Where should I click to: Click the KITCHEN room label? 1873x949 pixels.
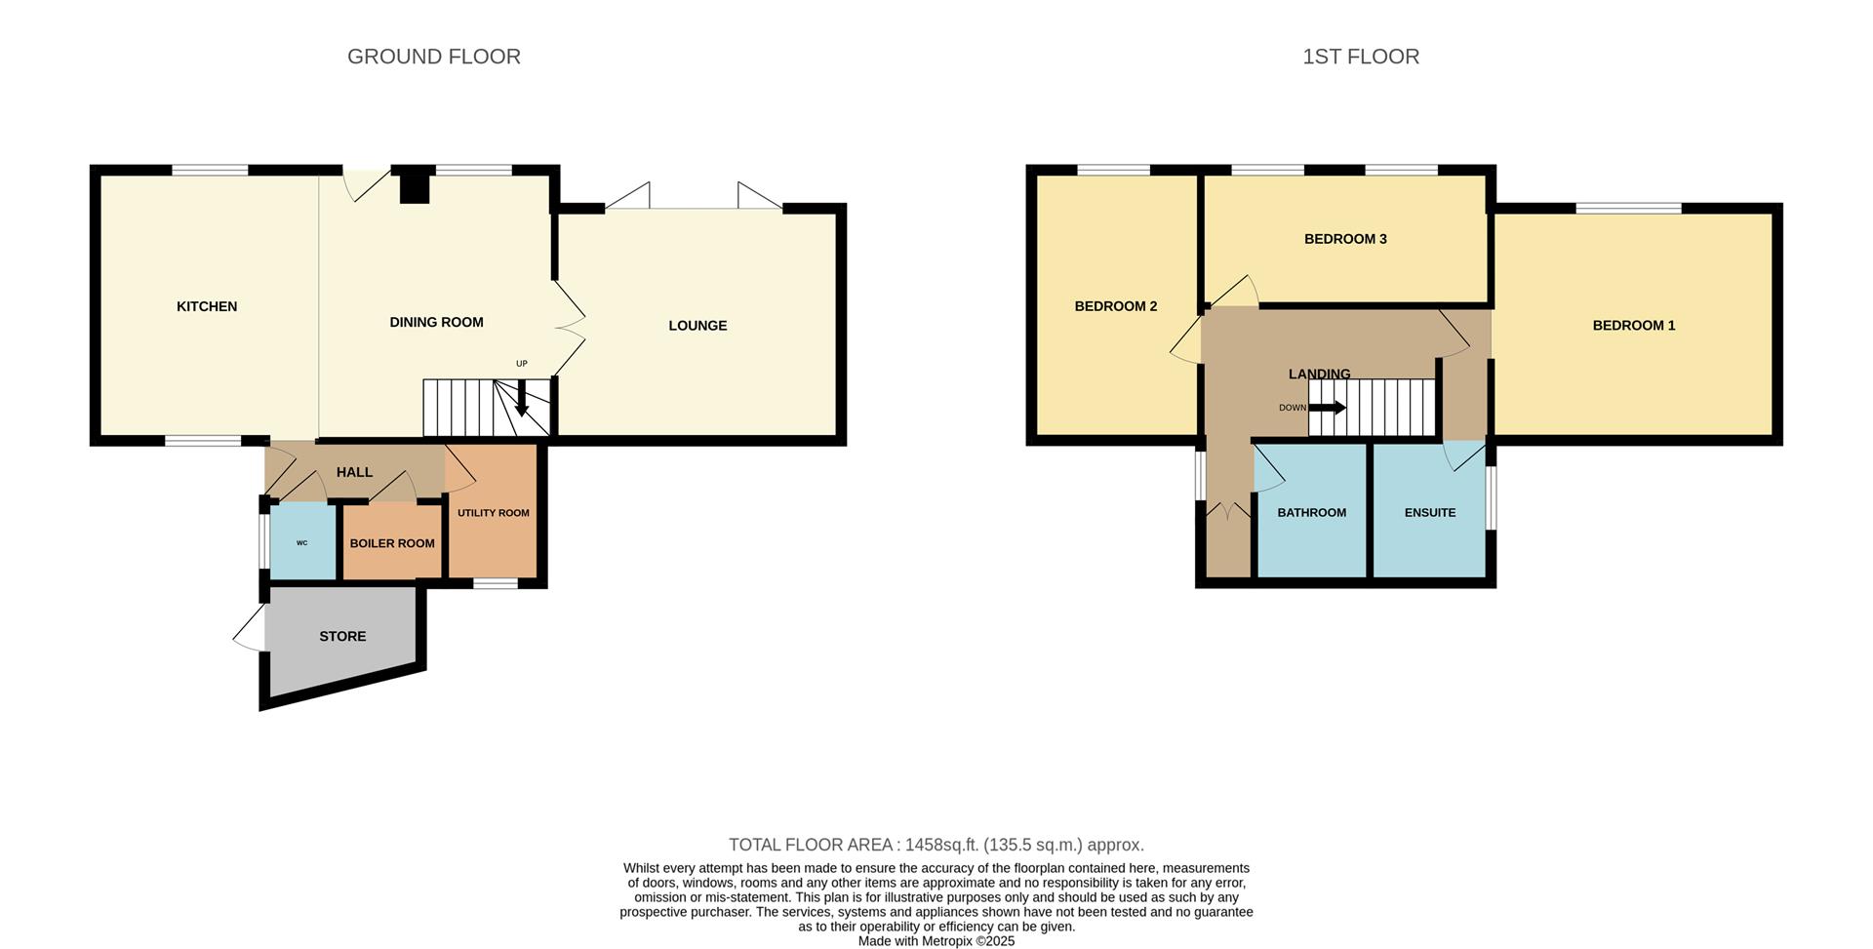[x=207, y=306]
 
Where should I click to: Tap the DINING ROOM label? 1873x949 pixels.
[x=436, y=322]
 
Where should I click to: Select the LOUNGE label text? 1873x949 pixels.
[x=697, y=326]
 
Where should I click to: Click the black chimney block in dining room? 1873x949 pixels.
[x=416, y=185]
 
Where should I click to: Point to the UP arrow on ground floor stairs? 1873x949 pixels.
[x=521, y=396]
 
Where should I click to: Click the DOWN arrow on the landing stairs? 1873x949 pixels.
[x=1327, y=408]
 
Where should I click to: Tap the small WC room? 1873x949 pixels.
[x=302, y=542]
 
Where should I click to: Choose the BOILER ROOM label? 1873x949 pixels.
[x=392, y=543]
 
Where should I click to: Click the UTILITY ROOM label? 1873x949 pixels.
[x=494, y=513]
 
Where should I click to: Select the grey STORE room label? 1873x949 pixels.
[x=342, y=636]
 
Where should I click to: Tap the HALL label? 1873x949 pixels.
[x=354, y=472]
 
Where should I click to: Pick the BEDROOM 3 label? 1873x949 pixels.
[x=1345, y=239]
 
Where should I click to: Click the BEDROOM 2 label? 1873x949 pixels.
[x=1116, y=306]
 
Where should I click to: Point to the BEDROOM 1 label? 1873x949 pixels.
[x=1634, y=326]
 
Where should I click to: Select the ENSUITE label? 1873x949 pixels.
[x=1430, y=513]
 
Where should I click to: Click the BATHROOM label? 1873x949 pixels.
[x=1312, y=513]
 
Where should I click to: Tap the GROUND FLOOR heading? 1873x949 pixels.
[x=434, y=57]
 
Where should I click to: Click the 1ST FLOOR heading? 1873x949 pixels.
[x=1361, y=57]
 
